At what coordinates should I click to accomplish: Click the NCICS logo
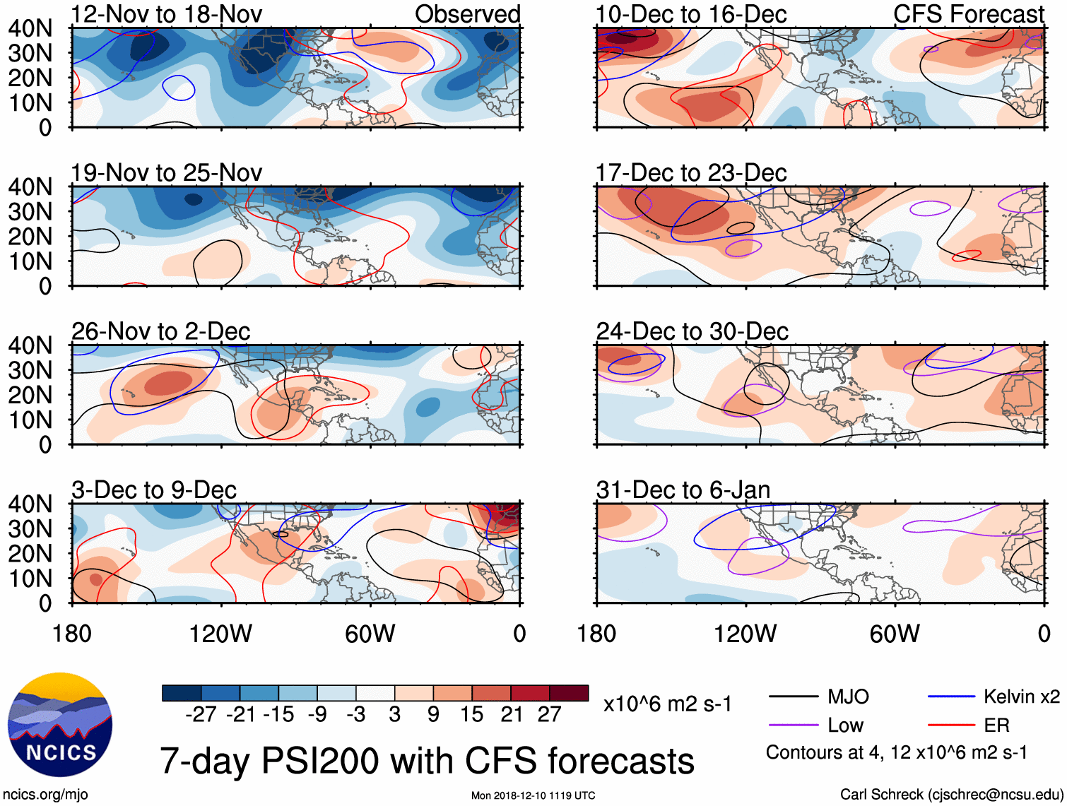[x=60, y=725]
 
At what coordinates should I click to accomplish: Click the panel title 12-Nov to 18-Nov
[x=167, y=14]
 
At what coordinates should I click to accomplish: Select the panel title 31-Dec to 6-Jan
[x=683, y=490]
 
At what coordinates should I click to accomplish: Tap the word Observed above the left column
[x=467, y=14]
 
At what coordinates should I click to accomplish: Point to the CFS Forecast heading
[x=968, y=14]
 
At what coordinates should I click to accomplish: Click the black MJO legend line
[x=794, y=697]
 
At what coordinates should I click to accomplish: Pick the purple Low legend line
[x=794, y=725]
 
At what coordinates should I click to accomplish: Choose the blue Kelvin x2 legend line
[x=951, y=697]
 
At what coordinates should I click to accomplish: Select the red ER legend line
[x=951, y=725]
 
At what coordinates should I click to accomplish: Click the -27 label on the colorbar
[x=201, y=714]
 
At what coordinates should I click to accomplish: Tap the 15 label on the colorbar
[x=471, y=714]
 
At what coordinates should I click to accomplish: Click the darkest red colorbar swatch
[x=569, y=693]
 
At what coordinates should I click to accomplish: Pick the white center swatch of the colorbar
[x=375, y=693]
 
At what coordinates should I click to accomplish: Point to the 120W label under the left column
[x=220, y=634]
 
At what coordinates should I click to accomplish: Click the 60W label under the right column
[x=895, y=634]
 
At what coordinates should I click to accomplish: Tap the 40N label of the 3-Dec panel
[x=30, y=504]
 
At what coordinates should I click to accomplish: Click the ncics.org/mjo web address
[x=45, y=794]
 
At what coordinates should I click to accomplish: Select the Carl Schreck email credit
[x=951, y=794]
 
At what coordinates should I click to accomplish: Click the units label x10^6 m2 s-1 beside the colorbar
[x=667, y=704]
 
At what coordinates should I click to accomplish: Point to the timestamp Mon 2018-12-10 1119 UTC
[x=533, y=795]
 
